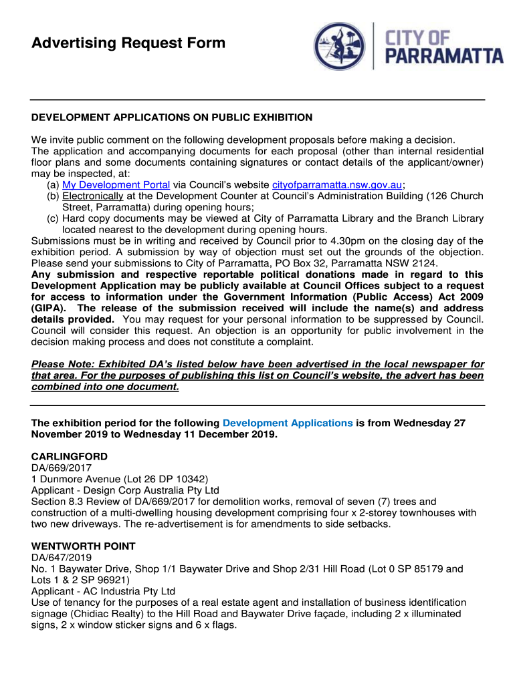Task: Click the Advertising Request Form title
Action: click(128, 44)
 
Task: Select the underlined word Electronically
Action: click(93, 196)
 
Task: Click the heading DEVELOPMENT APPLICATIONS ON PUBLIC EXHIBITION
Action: click(172, 118)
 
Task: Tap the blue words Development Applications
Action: click(288, 423)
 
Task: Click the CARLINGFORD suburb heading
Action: click(70, 456)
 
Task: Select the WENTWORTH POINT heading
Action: click(84, 546)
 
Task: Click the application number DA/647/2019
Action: click(62, 557)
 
